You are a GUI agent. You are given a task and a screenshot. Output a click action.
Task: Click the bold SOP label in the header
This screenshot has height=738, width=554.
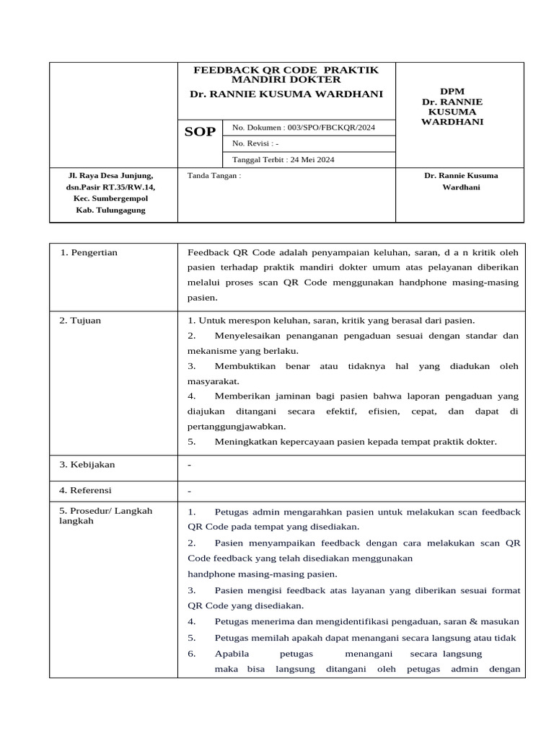[x=200, y=132]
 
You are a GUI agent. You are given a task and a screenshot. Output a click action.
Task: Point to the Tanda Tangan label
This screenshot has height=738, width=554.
[x=214, y=175]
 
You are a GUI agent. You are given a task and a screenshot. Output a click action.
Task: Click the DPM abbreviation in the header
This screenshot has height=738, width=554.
[x=452, y=92]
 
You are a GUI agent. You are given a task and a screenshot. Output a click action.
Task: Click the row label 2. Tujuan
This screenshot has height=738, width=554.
[x=80, y=321]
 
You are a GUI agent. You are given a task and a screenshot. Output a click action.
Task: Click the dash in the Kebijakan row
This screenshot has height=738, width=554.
[x=190, y=465]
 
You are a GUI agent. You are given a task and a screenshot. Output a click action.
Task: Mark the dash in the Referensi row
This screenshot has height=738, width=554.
[x=190, y=492]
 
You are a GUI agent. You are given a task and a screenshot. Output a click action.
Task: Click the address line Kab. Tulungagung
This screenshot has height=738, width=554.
[x=110, y=210]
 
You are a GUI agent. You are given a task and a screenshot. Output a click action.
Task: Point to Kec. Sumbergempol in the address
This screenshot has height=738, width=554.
[x=110, y=198]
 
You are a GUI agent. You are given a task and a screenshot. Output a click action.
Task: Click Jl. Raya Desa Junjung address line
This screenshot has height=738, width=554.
[x=110, y=175]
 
